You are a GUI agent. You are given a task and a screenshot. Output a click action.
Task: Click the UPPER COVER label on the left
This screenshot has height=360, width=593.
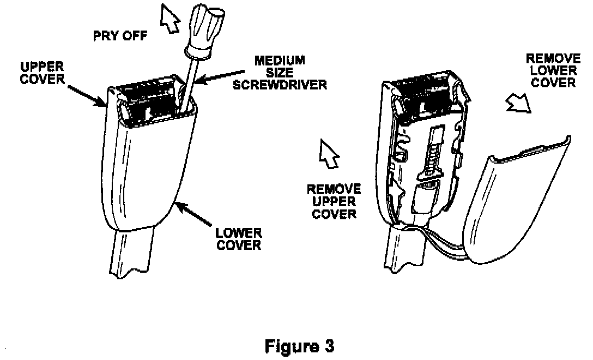(x=42, y=73)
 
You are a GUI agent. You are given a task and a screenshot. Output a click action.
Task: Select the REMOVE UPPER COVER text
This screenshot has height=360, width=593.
(x=334, y=201)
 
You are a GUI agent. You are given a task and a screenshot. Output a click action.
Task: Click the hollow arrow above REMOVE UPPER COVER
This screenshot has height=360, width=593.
(x=329, y=153)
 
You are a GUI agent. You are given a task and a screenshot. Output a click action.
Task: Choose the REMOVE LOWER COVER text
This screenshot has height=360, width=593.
(x=553, y=70)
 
